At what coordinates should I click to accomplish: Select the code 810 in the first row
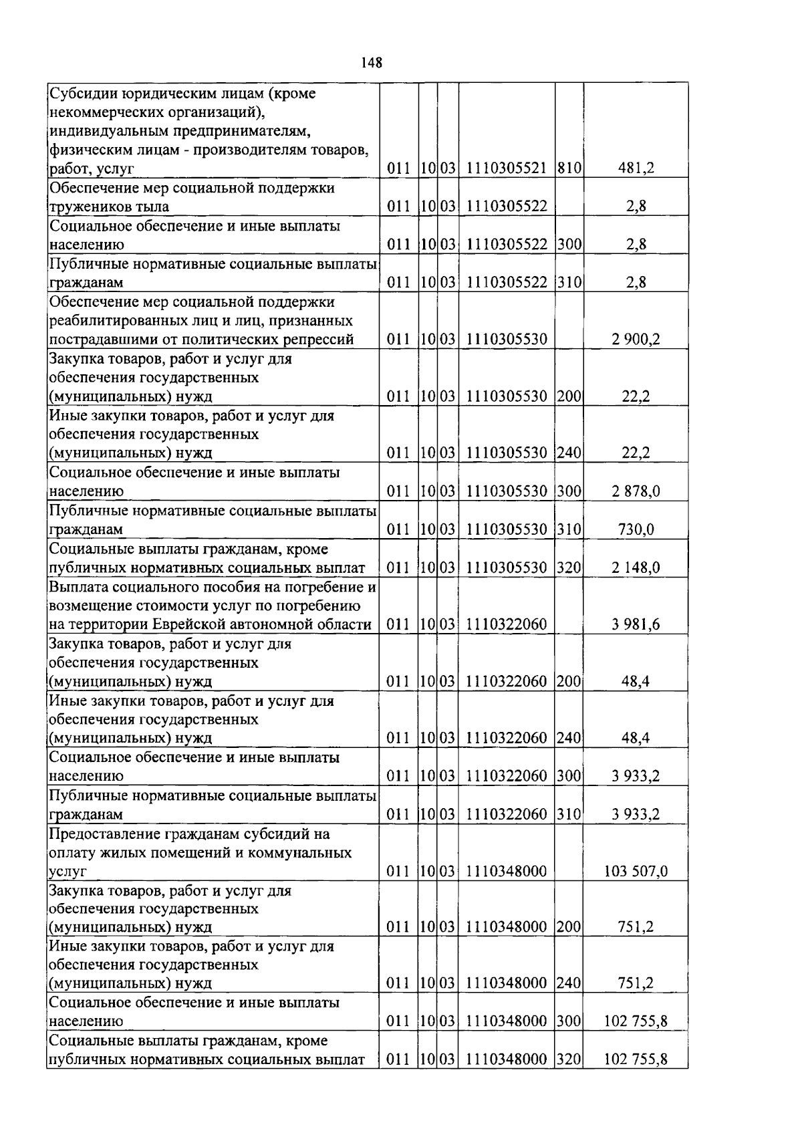(569, 168)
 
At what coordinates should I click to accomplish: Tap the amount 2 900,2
(636, 339)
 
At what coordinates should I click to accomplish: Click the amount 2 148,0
(636, 567)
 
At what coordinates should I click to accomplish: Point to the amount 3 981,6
(636, 624)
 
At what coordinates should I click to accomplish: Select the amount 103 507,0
(636, 871)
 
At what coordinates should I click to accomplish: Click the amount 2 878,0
(636, 491)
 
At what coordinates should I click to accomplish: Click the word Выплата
(78, 587)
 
